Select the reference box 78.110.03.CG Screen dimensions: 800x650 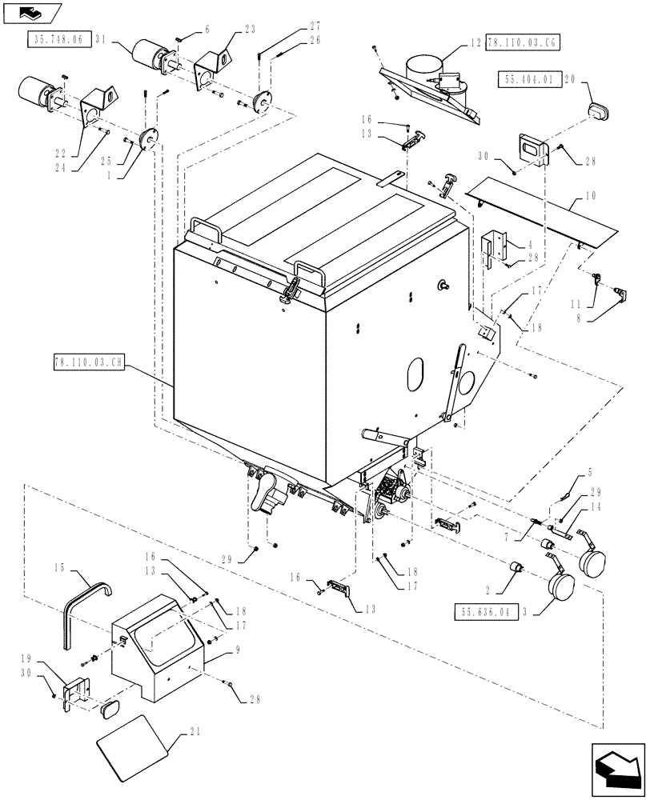coord(523,42)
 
